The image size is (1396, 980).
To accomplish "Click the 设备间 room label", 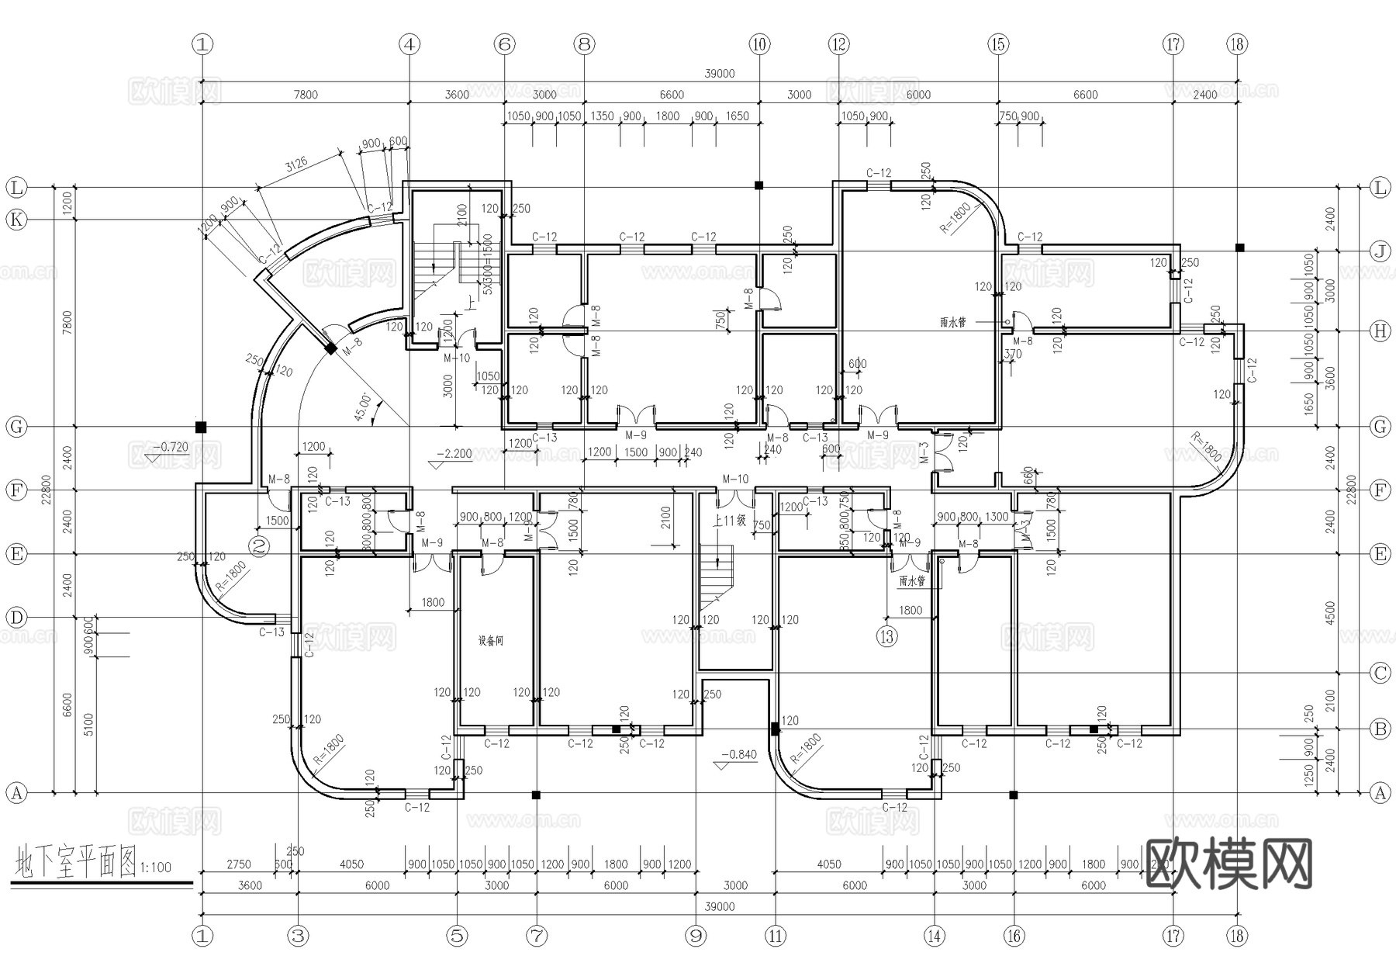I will (490, 641).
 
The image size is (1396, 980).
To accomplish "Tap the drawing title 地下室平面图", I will (75, 863).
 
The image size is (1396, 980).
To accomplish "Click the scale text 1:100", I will (156, 867).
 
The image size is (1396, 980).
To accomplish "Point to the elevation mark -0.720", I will (170, 448).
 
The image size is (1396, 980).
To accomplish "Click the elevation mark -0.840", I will (738, 754).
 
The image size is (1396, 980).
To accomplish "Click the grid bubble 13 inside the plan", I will (886, 637).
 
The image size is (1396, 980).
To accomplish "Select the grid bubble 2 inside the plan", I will (260, 546).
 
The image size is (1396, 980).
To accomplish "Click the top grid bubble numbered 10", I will (759, 44).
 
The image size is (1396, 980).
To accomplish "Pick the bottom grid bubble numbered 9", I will (696, 936).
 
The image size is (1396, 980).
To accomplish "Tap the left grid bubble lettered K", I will (16, 220).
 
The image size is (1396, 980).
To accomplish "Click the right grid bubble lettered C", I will (1380, 673).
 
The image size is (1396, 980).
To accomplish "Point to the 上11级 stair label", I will (729, 521).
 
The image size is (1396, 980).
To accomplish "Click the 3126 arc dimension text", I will (295, 164).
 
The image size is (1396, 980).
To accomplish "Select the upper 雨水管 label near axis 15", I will (952, 322).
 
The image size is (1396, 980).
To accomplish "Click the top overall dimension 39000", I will (719, 74).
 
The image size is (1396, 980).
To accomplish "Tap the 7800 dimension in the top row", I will (306, 95).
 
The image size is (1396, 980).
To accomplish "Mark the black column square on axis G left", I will (201, 427).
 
